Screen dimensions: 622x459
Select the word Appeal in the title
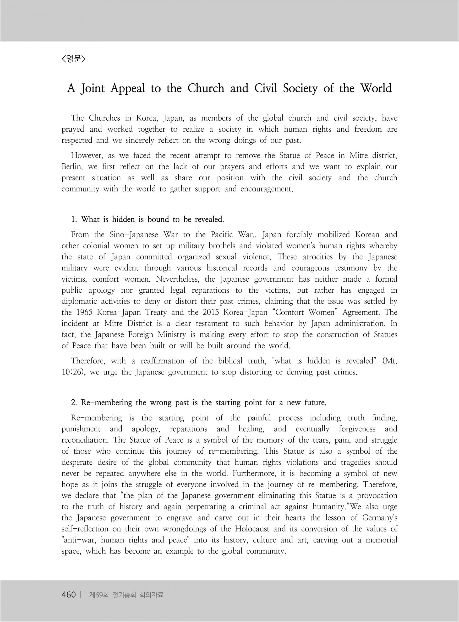pos(128,89)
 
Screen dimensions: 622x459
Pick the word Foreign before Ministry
pos(141,335)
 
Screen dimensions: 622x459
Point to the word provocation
pos(377,496)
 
